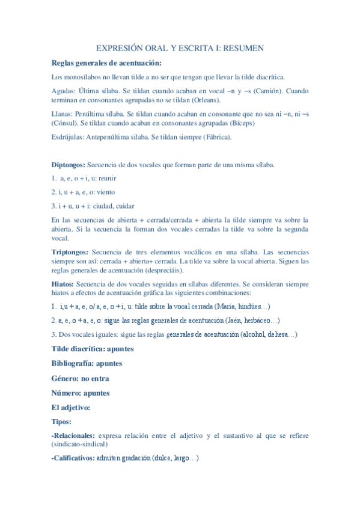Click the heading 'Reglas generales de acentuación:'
pos(106,63)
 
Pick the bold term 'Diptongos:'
pos(69,164)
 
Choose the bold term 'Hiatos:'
pos(63,284)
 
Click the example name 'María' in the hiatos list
pos(225,307)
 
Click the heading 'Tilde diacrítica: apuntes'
pos(93,349)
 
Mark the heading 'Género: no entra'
pos(81,378)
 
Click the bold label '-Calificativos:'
pos(73,458)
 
